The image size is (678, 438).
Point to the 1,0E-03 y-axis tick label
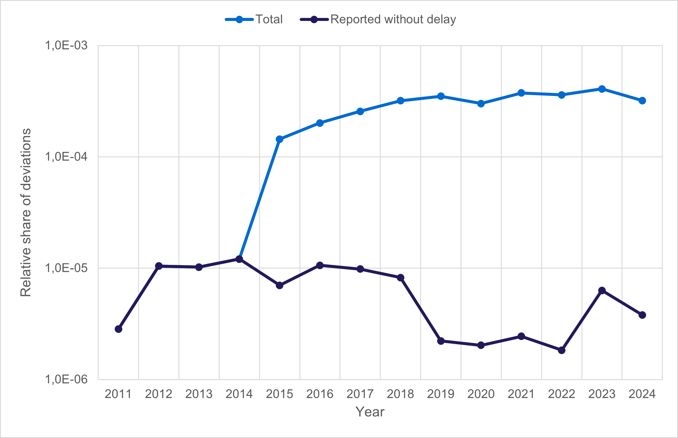[66, 46]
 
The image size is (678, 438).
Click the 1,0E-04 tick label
[66, 157]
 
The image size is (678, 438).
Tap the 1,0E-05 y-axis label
[66, 268]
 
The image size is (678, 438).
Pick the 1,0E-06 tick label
[66, 379]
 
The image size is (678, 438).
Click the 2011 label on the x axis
[118, 394]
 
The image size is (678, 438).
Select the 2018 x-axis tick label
[400, 394]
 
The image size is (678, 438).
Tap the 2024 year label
[642, 394]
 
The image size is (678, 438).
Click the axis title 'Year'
[370, 412]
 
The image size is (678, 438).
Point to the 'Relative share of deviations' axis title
[26, 212]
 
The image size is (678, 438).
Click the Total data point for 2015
[279, 139]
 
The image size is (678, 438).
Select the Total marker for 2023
[602, 89]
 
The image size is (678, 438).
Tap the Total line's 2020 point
[481, 104]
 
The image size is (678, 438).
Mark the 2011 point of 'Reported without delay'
[118, 329]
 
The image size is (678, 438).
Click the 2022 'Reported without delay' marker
[561, 350]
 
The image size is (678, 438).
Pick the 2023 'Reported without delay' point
[602, 291]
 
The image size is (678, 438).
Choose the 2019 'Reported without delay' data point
[441, 341]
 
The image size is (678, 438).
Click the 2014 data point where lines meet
[239, 259]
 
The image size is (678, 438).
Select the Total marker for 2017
[360, 111]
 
